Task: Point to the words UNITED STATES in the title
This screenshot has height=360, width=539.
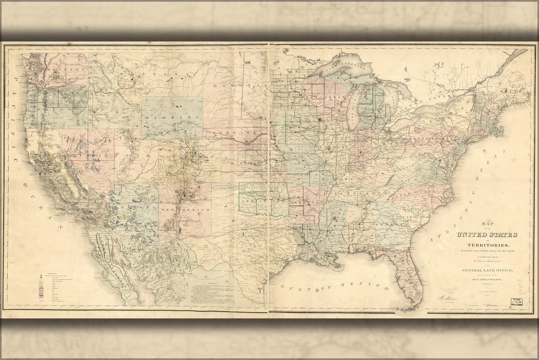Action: pyautogui.click(x=487, y=235)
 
